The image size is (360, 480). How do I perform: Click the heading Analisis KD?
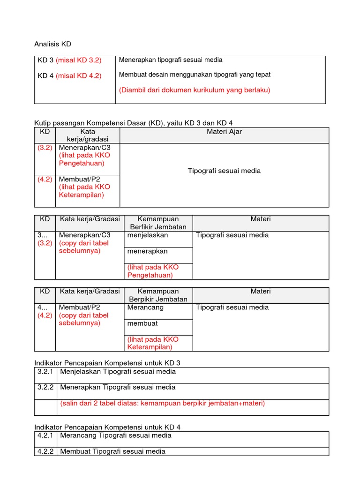pos(52,44)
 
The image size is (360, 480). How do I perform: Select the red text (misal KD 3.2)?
pos(78,60)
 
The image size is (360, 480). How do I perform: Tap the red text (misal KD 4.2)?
pos(78,75)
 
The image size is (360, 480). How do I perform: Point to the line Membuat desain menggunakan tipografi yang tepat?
pos(195,75)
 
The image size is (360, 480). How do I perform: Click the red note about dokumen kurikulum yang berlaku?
pos(195,90)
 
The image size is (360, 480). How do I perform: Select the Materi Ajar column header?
pos(224,132)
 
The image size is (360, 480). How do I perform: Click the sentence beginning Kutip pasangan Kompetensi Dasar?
pos(133,123)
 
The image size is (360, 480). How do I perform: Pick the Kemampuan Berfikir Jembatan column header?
pos(158,223)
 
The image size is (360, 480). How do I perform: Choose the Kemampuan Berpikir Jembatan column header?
pos(158,295)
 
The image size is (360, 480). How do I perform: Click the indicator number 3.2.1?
pos(45,372)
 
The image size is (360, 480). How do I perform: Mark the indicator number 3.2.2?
pos(45,388)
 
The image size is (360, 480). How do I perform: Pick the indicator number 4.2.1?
pos(45,435)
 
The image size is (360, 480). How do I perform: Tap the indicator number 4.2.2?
pos(45,451)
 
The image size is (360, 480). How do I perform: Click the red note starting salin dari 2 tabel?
pos(162,404)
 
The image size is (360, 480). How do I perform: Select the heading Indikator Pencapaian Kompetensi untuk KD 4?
pos(107,427)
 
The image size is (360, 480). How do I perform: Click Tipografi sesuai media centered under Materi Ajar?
pos(224,171)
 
